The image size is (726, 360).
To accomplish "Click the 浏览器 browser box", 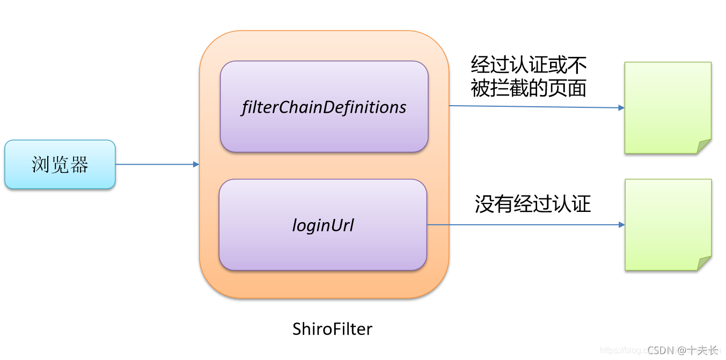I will tap(60, 164).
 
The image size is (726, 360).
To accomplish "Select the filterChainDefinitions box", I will tap(324, 107).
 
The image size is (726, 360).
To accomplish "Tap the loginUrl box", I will tap(322, 225).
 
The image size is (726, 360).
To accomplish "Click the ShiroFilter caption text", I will tap(332, 328).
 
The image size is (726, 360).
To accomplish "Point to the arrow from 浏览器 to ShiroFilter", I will tap(156, 164).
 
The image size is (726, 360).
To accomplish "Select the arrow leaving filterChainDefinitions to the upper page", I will tap(537, 107).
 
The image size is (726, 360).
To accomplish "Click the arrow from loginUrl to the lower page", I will tap(526, 225).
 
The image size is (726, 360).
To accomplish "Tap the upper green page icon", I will tap(668, 107).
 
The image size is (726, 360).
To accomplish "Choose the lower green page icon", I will tap(668, 224).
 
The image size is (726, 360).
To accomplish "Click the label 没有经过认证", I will tap(532, 204).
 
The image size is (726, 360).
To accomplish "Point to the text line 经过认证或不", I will tap(529, 65).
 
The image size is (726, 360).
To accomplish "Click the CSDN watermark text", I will tap(660, 350).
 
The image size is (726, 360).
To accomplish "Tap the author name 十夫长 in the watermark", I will tap(703, 350).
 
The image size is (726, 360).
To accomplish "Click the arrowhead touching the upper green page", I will tap(621, 108).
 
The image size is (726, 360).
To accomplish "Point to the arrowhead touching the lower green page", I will tap(621, 225).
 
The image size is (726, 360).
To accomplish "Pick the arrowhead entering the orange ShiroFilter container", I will tap(196, 164).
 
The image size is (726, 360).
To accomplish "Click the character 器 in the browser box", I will tap(79, 164).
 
